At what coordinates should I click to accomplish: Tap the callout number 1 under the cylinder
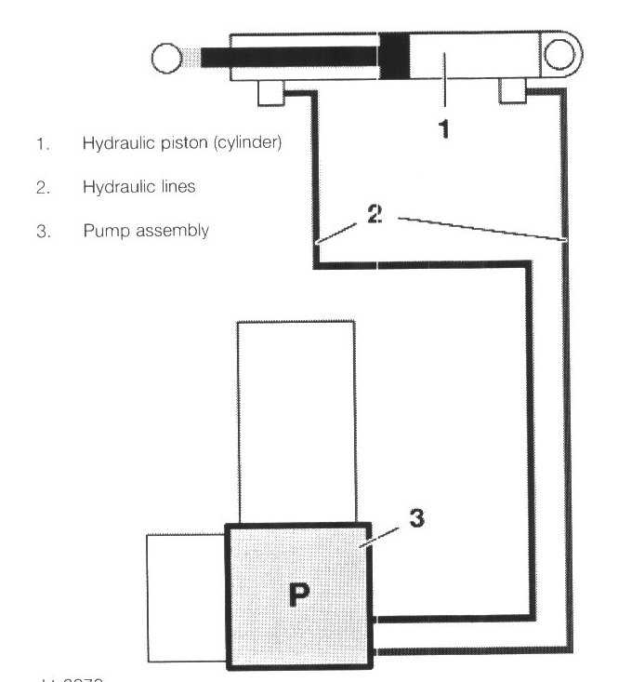444,128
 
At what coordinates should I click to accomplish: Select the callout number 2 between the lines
374,213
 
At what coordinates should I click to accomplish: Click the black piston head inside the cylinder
394,55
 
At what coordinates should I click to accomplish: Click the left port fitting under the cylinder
270,92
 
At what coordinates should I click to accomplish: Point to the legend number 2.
42,187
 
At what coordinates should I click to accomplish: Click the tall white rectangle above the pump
296,421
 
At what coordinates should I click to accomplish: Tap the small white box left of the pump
186,596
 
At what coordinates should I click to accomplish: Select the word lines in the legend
176,187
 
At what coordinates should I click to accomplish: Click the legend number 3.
42,231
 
